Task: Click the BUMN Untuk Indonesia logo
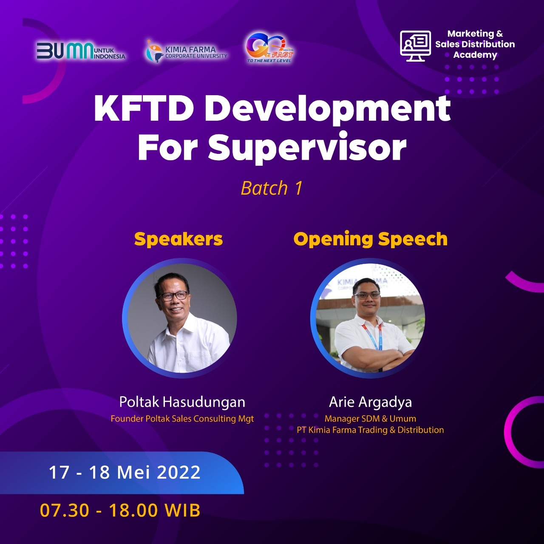click(x=81, y=51)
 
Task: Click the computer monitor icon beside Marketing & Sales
click(x=415, y=45)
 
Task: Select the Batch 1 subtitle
click(x=272, y=188)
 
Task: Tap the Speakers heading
click(x=178, y=239)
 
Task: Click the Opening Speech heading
click(x=370, y=239)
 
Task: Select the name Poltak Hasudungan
click(x=182, y=402)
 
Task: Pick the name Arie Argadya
click(x=370, y=402)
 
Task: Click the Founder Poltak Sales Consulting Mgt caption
click(x=182, y=419)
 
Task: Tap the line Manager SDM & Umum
click(x=370, y=419)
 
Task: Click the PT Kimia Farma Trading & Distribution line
click(x=370, y=430)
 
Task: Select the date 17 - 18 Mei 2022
click(x=125, y=473)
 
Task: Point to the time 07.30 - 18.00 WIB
click(x=120, y=510)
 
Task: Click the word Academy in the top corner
click(x=475, y=55)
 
